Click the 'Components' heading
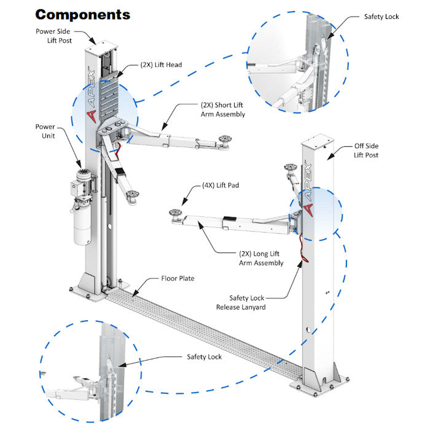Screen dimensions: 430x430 tap(82, 14)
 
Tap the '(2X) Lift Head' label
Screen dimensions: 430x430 tap(161, 64)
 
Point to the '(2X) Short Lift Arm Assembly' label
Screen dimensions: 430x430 tap(222, 109)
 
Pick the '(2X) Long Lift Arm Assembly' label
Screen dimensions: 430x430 tap(261, 258)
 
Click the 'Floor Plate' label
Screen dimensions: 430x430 tap(178, 278)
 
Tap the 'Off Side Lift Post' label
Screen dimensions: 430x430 tap(366, 150)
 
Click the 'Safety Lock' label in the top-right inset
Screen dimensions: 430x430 tap(381, 17)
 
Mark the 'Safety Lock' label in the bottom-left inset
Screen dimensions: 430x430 tap(204, 357)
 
